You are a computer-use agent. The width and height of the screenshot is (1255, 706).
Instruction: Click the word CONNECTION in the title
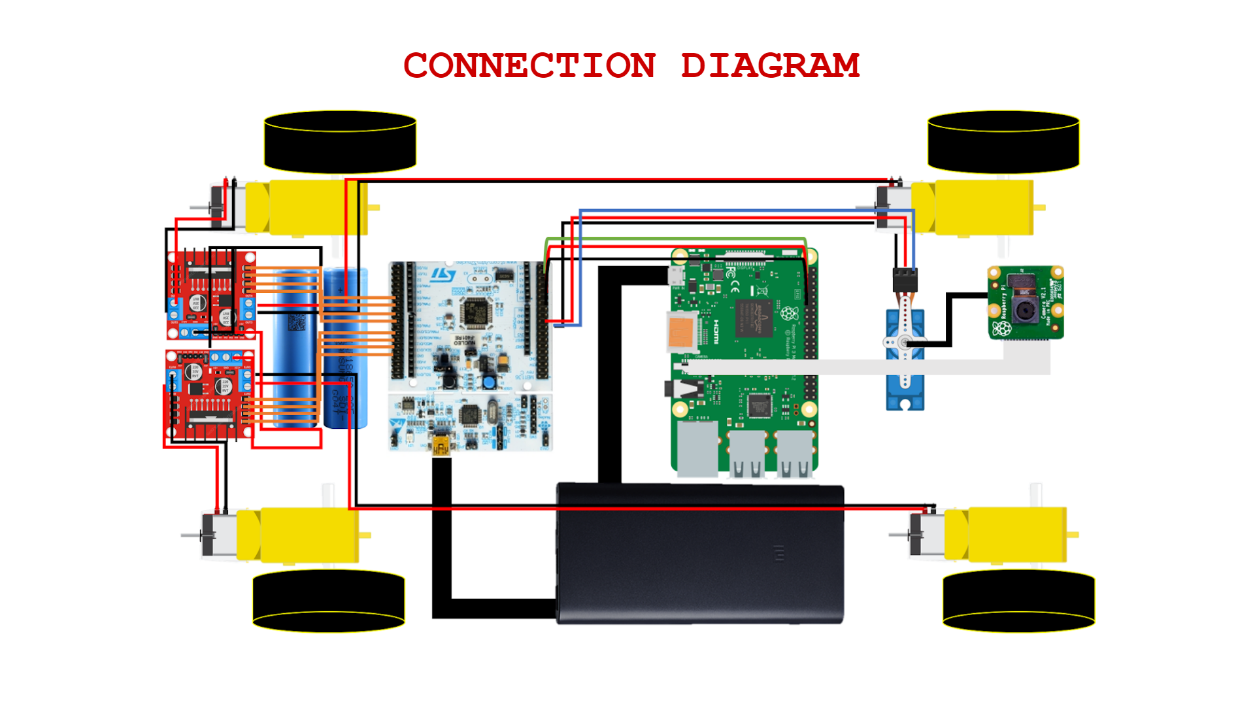pos(529,66)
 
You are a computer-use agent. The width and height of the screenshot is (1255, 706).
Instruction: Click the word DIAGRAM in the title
pos(770,66)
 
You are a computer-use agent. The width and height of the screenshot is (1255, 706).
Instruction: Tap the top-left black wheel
pos(340,141)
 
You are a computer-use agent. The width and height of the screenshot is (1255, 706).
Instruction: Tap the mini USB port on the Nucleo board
pos(441,447)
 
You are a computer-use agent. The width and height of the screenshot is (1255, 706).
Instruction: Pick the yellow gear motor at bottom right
pos(1007,535)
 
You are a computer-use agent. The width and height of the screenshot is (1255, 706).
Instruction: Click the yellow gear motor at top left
pos(307,207)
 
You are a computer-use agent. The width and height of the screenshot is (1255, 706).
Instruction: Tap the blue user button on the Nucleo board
pos(488,382)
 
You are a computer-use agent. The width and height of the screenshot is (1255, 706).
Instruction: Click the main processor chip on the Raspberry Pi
pos(754,318)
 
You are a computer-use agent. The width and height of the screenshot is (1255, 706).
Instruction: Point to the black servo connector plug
pos(905,280)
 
